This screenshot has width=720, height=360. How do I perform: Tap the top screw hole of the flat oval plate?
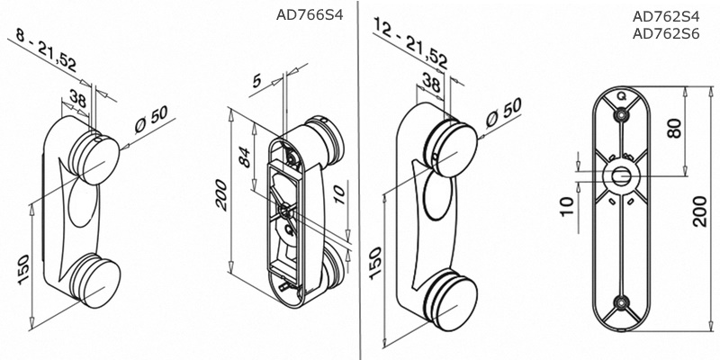tap(620, 115)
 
